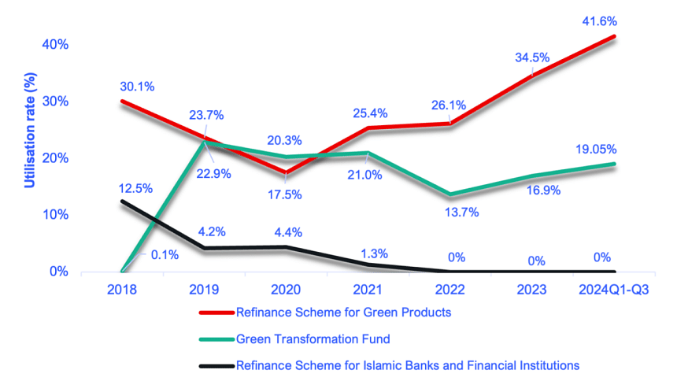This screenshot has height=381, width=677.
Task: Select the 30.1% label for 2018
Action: click(137, 86)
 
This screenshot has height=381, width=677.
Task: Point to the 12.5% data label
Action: click(136, 188)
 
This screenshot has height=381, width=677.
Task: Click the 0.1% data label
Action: click(164, 253)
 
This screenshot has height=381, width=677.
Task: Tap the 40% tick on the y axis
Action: click(55, 44)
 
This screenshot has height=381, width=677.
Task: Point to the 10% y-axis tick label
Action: click(55, 215)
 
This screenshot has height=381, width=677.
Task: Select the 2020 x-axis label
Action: click(287, 289)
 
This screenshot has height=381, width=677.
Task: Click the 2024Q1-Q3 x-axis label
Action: click(614, 289)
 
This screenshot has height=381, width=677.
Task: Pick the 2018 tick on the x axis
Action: click(122, 289)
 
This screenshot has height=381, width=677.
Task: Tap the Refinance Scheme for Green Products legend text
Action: click(343, 313)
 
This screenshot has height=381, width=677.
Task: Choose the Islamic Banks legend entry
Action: click(407, 365)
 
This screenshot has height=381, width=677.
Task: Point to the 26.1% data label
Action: click(449, 104)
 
